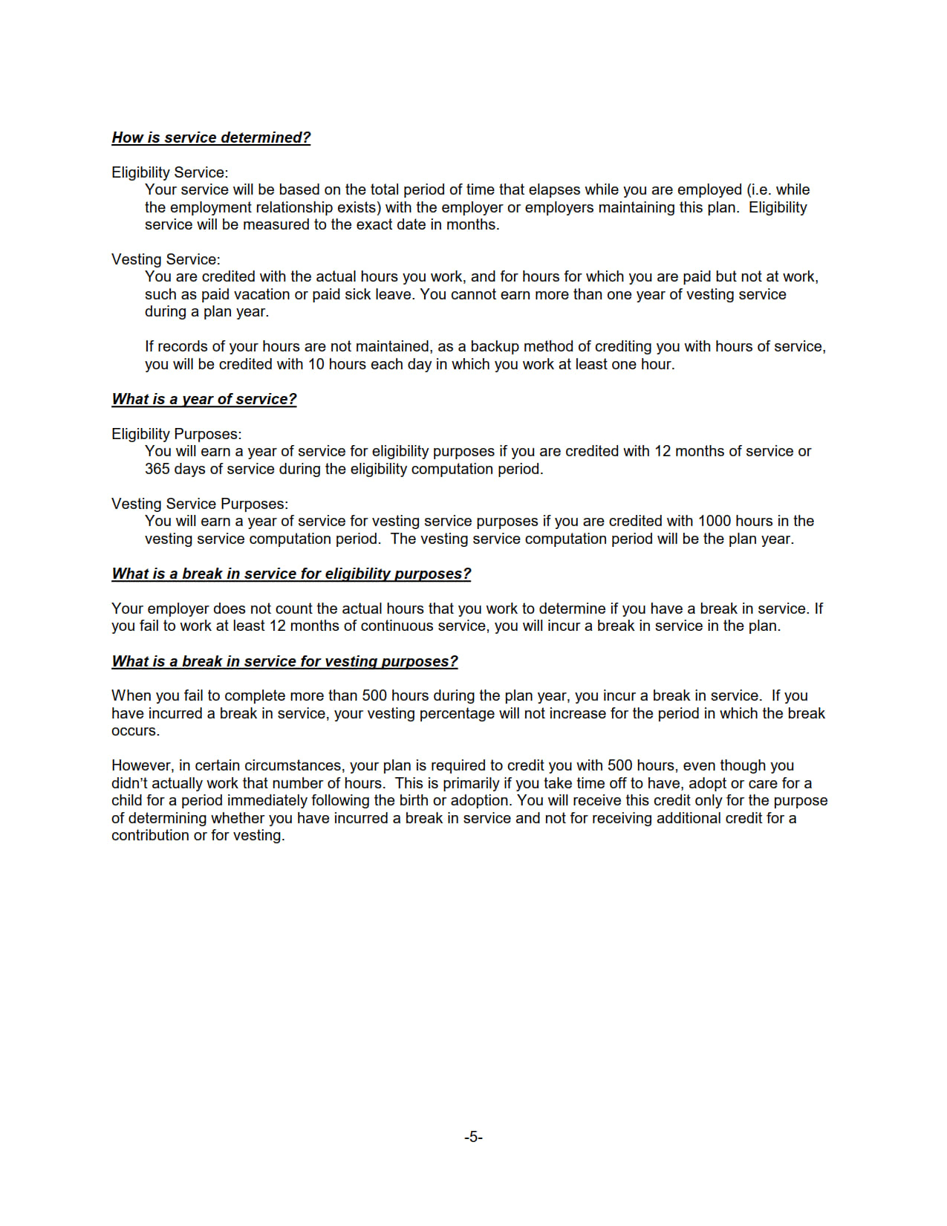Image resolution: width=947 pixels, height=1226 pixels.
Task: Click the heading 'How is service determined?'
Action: (x=211, y=137)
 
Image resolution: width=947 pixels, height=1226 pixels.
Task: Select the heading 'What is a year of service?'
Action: (x=204, y=399)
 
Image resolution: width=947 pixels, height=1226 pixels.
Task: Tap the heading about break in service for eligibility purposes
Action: (x=291, y=574)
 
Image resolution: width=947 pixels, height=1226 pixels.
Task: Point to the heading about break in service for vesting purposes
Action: (x=284, y=661)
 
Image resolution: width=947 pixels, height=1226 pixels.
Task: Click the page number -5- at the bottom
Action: (x=473, y=1137)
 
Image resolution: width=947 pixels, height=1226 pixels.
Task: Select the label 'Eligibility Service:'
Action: (x=169, y=172)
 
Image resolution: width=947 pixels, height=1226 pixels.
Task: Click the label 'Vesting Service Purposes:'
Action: (x=200, y=504)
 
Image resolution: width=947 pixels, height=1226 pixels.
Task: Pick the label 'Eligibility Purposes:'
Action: (x=176, y=434)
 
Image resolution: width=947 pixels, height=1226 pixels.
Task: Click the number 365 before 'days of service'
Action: (x=157, y=469)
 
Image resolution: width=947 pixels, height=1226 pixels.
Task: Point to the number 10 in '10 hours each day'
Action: (x=316, y=364)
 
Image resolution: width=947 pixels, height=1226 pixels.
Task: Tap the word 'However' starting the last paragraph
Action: (x=140, y=765)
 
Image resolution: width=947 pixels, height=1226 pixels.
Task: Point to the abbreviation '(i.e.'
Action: (x=759, y=189)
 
